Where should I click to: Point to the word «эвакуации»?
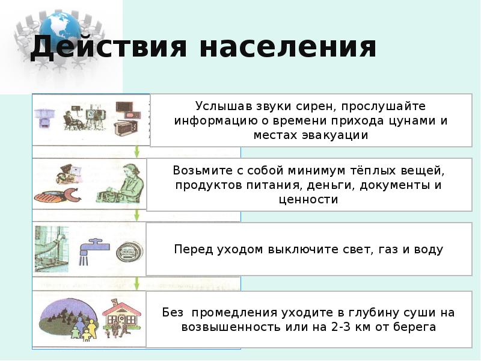[333, 135]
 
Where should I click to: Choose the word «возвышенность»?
[229, 327]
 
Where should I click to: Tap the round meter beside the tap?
[127, 252]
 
